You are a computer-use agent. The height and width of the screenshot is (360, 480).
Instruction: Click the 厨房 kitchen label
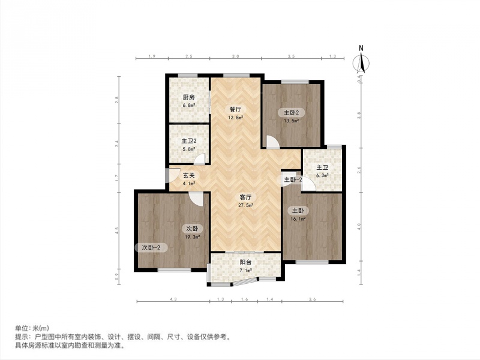(188, 97)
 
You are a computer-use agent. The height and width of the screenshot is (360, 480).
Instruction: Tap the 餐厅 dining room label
(235, 109)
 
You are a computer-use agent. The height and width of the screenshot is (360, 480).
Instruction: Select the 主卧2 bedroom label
(291, 113)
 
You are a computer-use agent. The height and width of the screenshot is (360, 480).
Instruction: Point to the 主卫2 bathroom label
(188, 141)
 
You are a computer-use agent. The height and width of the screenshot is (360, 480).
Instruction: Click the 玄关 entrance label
(189, 176)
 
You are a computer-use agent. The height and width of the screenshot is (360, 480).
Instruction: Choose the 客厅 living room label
(245, 197)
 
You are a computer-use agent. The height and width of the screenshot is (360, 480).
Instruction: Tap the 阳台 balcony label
(245, 262)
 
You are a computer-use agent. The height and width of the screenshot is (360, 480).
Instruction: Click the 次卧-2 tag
(151, 248)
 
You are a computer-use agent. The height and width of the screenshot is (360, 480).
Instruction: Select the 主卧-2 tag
(293, 179)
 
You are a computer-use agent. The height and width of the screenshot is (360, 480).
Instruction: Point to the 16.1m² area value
(297, 219)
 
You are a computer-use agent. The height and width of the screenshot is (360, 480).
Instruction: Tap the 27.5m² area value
(245, 205)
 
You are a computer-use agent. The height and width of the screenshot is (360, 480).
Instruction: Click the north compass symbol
(361, 64)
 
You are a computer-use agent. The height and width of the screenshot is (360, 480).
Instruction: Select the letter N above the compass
(361, 48)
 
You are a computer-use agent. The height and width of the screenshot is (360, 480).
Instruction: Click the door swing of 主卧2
(272, 142)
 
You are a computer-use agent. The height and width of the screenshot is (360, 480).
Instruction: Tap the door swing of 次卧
(196, 199)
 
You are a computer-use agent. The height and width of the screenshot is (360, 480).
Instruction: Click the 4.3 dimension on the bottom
(173, 299)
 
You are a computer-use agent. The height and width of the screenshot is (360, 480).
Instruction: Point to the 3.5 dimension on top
(292, 56)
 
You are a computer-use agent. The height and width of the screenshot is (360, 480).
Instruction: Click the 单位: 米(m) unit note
(32, 328)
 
